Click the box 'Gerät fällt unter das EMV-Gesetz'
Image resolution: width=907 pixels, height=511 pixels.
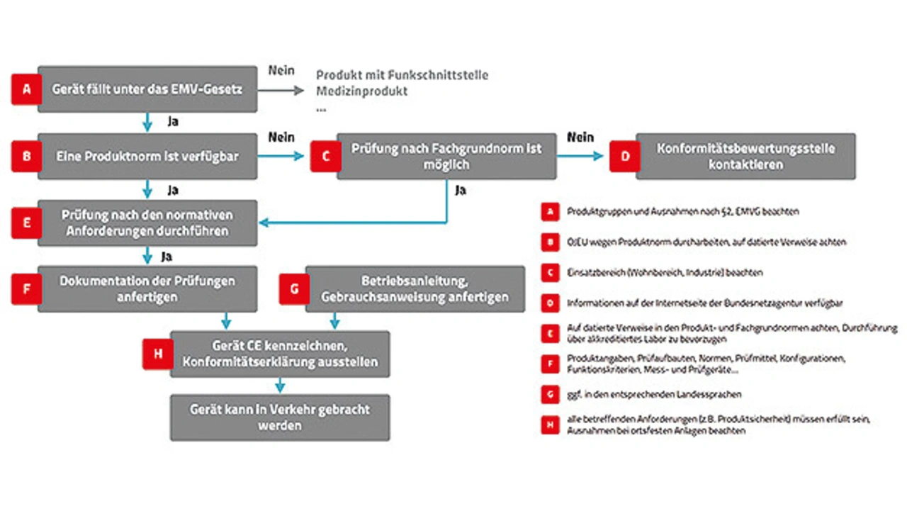point(147,89)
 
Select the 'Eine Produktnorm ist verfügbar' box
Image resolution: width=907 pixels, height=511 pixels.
point(147,156)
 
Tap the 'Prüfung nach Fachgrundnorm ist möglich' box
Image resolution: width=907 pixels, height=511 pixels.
point(446,156)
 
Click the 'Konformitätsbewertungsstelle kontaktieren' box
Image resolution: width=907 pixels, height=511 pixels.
point(745,156)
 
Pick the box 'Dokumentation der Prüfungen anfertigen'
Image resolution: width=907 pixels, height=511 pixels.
point(147,288)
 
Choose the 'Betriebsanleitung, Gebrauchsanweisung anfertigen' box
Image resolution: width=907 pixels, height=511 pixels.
point(415,288)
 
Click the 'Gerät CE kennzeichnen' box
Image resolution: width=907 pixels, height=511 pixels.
point(280,354)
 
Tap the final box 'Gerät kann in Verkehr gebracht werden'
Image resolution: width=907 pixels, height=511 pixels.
point(280,417)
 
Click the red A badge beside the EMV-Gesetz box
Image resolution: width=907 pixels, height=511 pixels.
point(27,90)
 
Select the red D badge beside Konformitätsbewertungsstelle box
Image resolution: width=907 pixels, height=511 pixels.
point(625,156)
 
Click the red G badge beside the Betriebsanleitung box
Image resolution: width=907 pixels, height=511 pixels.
point(295,289)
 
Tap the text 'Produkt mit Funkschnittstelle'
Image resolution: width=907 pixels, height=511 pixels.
point(402,75)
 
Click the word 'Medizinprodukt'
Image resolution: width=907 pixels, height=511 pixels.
point(361,91)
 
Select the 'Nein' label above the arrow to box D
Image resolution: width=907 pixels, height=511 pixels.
point(580,137)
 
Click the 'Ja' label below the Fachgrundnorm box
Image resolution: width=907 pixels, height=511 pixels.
point(461,191)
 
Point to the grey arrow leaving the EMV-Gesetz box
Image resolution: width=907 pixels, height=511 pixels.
point(281,91)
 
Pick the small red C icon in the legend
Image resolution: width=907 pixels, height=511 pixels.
point(550,273)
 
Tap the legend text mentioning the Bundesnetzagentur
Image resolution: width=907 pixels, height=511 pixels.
point(704,303)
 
